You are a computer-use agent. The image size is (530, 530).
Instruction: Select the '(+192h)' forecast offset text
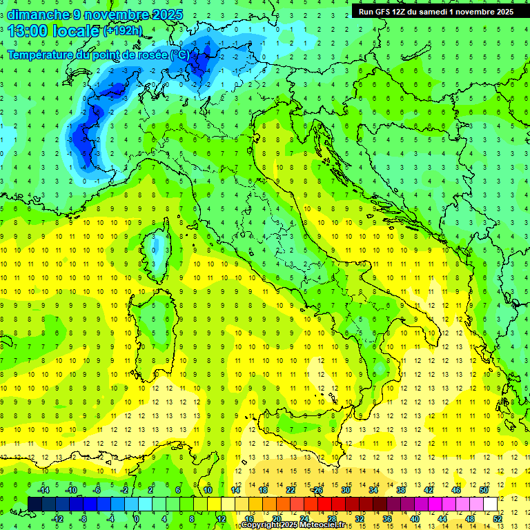tap(122, 31)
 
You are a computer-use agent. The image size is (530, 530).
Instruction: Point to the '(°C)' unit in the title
tap(178, 55)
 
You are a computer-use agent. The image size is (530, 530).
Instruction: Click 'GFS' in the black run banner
tap(384, 12)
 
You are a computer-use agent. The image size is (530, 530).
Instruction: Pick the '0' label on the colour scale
tap(137, 518)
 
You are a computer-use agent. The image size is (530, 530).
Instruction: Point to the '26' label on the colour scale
tap(318, 490)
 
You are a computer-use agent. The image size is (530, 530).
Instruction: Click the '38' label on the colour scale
tap(401, 490)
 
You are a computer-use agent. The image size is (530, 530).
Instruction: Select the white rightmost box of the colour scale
tap(490, 504)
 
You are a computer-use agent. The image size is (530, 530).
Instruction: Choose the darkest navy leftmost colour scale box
tap(35, 504)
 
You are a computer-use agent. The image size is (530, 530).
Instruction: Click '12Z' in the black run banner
tap(405, 12)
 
